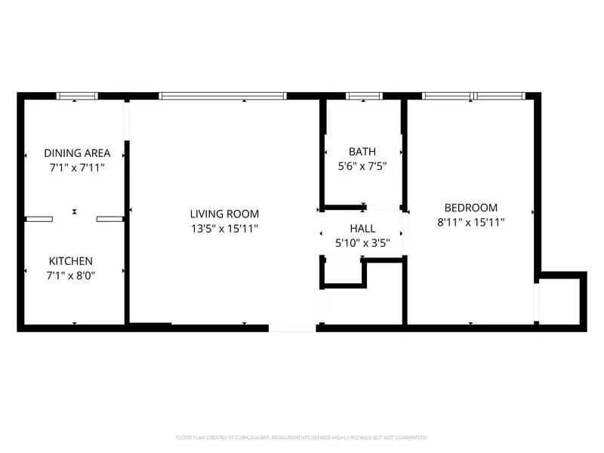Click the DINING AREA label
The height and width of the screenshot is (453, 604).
pyautogui.click(x=77, y=153)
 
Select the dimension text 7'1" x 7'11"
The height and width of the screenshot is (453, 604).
pyautogui.click(x=76, y=168)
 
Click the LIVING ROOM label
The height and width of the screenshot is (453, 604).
pyautogui.click(x=224, y=214)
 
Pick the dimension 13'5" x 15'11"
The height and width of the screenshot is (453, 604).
pyautogui.click(x=224, y=228)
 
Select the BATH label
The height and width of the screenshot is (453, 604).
pyautogui.click(x=362, y=151)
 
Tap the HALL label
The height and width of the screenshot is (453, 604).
pyautogui.click(x=362, y=229)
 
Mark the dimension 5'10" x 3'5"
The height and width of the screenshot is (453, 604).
pyautogui.click(x=362, y=243)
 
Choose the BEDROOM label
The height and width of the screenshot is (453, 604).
pyautogui.click(x=470, y=208)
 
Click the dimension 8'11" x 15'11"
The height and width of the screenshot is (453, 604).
pyautogui.click(x=470, y=222)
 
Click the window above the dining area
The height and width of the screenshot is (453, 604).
pyautogui.click(x=78, y=96)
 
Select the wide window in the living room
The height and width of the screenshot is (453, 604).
pyautogui.click(x=223, y=96)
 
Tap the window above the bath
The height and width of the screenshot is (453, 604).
pyautogui.click(x=364, y=96)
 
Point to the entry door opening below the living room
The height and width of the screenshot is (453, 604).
pyautogui.click(x=293, y=328)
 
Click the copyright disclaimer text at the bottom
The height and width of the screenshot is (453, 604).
pyautogui.click(x=302, y=437)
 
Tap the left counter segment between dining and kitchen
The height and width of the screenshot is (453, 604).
pyautogui.click(x=39, y=219)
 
